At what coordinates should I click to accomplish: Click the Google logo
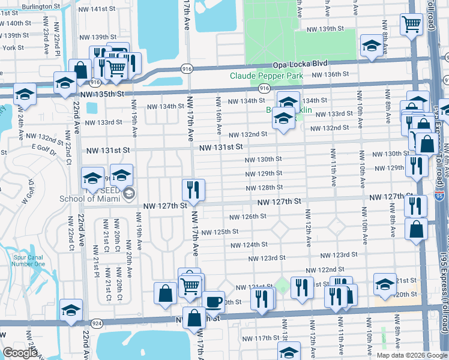[x=19, y=352]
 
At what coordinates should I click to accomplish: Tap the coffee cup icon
[x=212, y=301]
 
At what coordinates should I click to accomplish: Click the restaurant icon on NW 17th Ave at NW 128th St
[x=193, y=190]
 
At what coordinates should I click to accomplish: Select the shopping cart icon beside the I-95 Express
[x=412, y=25]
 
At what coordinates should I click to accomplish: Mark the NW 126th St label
[x=248, y=217]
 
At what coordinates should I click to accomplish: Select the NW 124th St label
[x=248, y=244]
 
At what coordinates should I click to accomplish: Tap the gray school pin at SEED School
[x=128, y=193]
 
